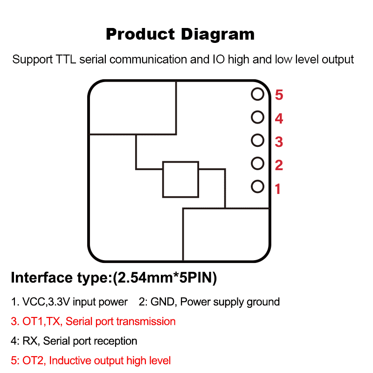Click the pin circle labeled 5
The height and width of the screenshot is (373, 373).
257,94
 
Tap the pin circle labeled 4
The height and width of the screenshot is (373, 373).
257,117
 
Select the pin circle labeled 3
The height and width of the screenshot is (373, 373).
257,140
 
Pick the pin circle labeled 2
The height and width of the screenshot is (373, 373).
257,163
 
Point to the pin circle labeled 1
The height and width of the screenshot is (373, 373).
257,186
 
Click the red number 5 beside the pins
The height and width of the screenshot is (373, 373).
279,95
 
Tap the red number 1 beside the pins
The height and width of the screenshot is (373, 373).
278,189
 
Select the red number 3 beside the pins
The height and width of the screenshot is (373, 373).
279,142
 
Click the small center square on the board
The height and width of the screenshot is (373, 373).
180,180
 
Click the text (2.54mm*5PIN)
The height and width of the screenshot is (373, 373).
165,278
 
